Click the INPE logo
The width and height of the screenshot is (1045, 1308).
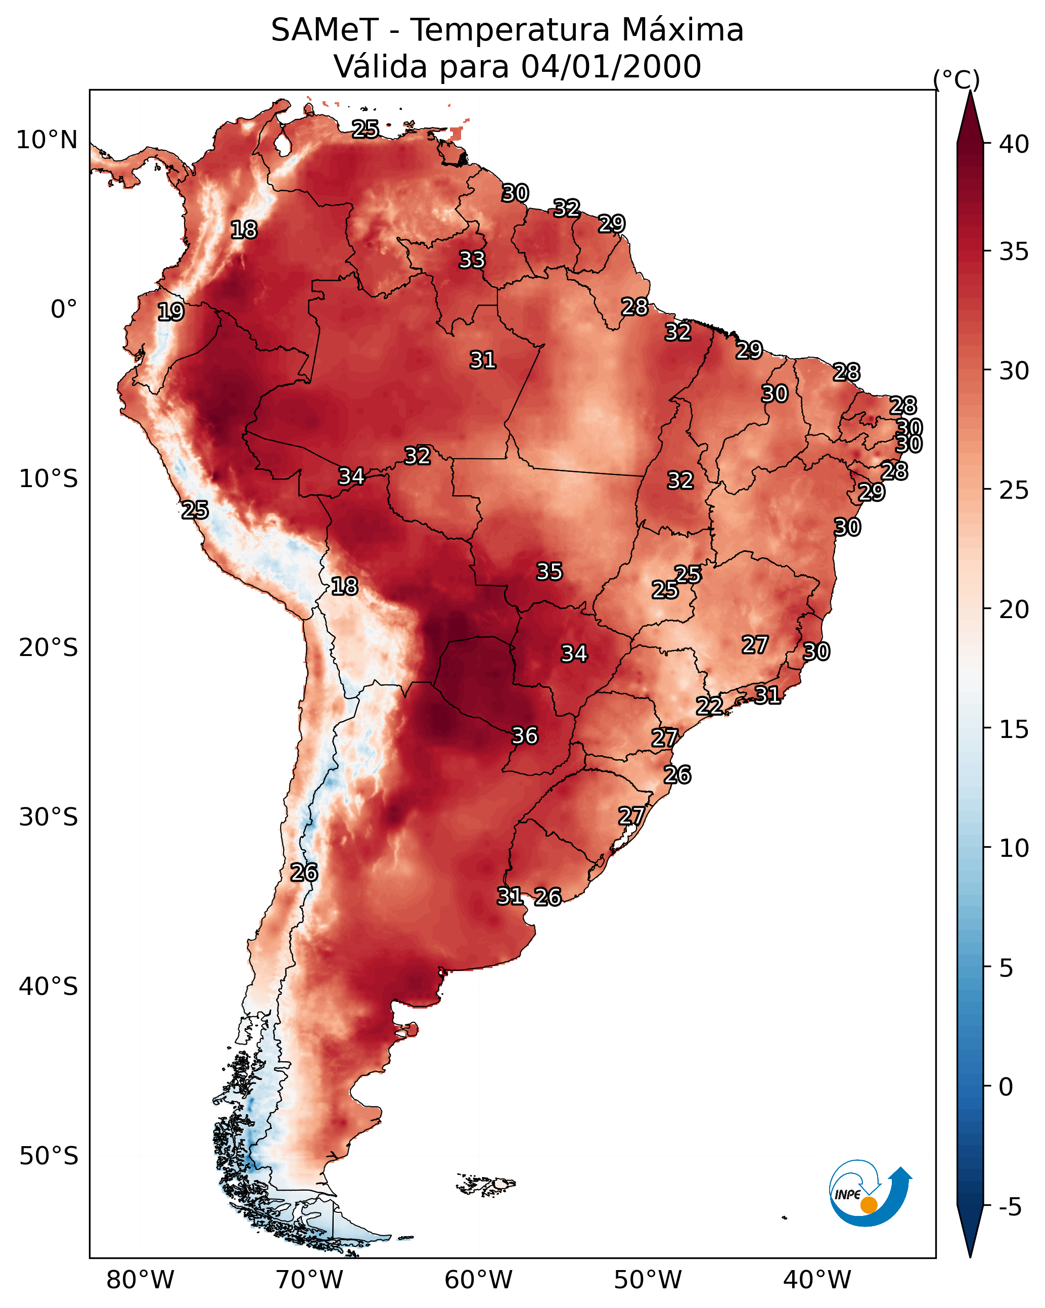pos(869,1195)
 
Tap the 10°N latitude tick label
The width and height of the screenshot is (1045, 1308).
pos(47,140)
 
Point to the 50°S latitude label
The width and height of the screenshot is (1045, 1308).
pos(49,1156)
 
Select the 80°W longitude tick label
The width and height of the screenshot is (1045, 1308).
pos(140,1280)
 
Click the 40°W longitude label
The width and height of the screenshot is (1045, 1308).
pos(817,1280)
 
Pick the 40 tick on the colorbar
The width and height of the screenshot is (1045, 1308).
pos(1014,144)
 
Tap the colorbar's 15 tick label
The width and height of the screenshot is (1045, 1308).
pos(1014,729)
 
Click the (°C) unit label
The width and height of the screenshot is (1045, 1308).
pos(957,79)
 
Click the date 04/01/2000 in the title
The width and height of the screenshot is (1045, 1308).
pos(611,67)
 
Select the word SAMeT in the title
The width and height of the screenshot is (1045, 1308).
pos(325,30)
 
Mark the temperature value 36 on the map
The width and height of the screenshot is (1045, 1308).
pos(525,735)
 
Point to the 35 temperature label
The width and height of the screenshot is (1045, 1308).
pos(550,571)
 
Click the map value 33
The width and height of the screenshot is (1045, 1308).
pos(472,259)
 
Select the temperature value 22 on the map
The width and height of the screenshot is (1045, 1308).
pos(709,706)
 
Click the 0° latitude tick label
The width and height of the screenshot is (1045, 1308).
pos(64,310)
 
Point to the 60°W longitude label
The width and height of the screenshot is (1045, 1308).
pos(479,1280)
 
